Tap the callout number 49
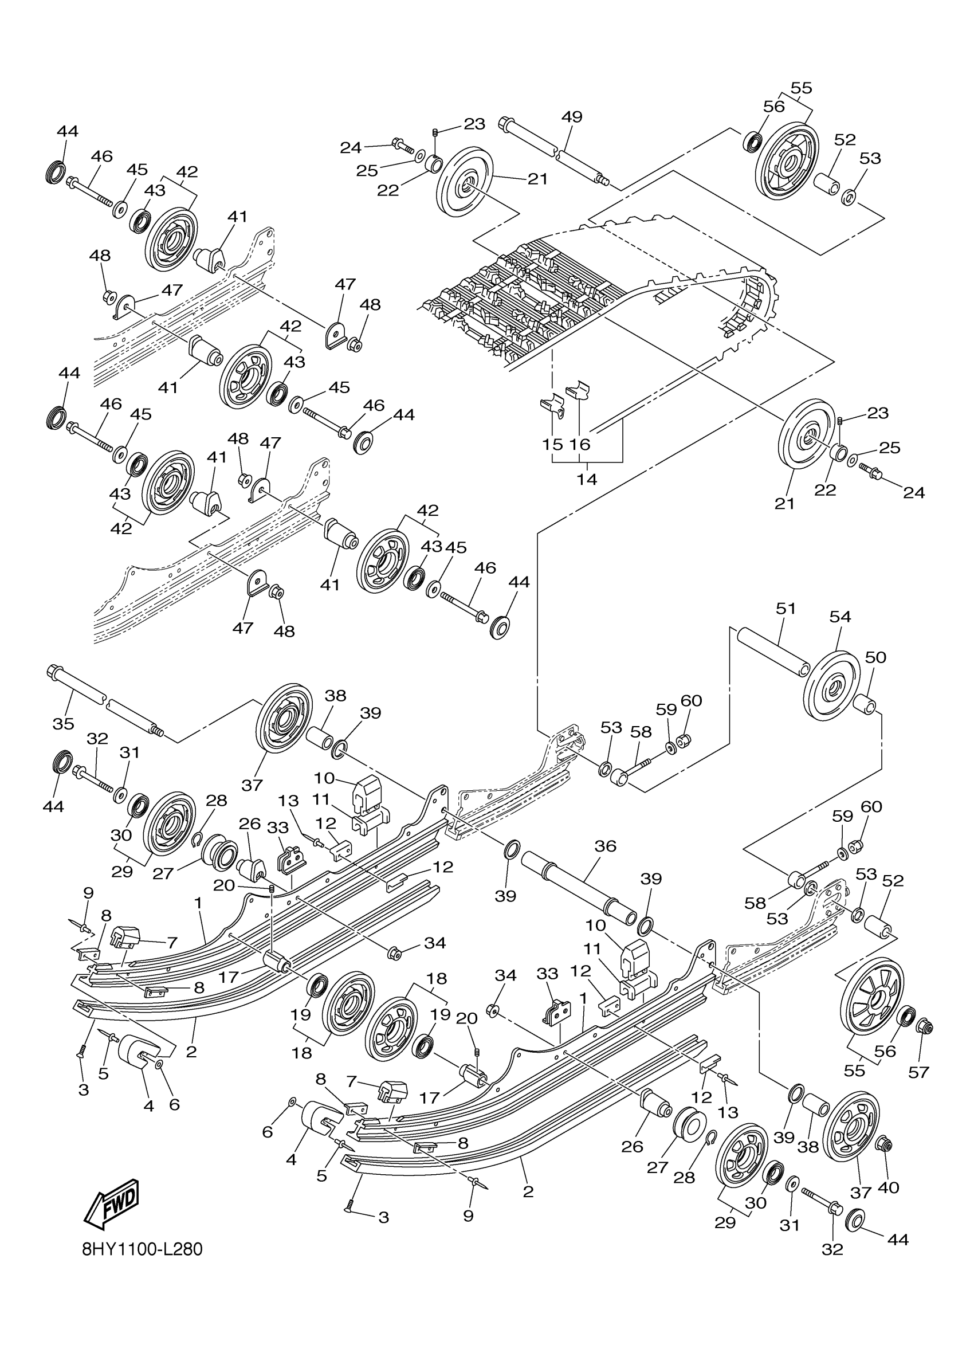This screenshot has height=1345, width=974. coord(571,117)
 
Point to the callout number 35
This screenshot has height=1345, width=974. coord(64,724)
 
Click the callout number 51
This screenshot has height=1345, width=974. coord(786,609)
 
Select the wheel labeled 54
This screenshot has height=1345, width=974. coord(831,685)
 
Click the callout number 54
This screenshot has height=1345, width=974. coord(840,617)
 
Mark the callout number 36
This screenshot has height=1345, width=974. coord(605,846)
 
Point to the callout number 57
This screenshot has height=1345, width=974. coord(918,1072)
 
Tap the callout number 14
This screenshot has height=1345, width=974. coord(587,479)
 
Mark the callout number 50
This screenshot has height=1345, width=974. coord(875,657)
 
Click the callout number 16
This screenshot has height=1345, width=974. coord(579,444)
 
